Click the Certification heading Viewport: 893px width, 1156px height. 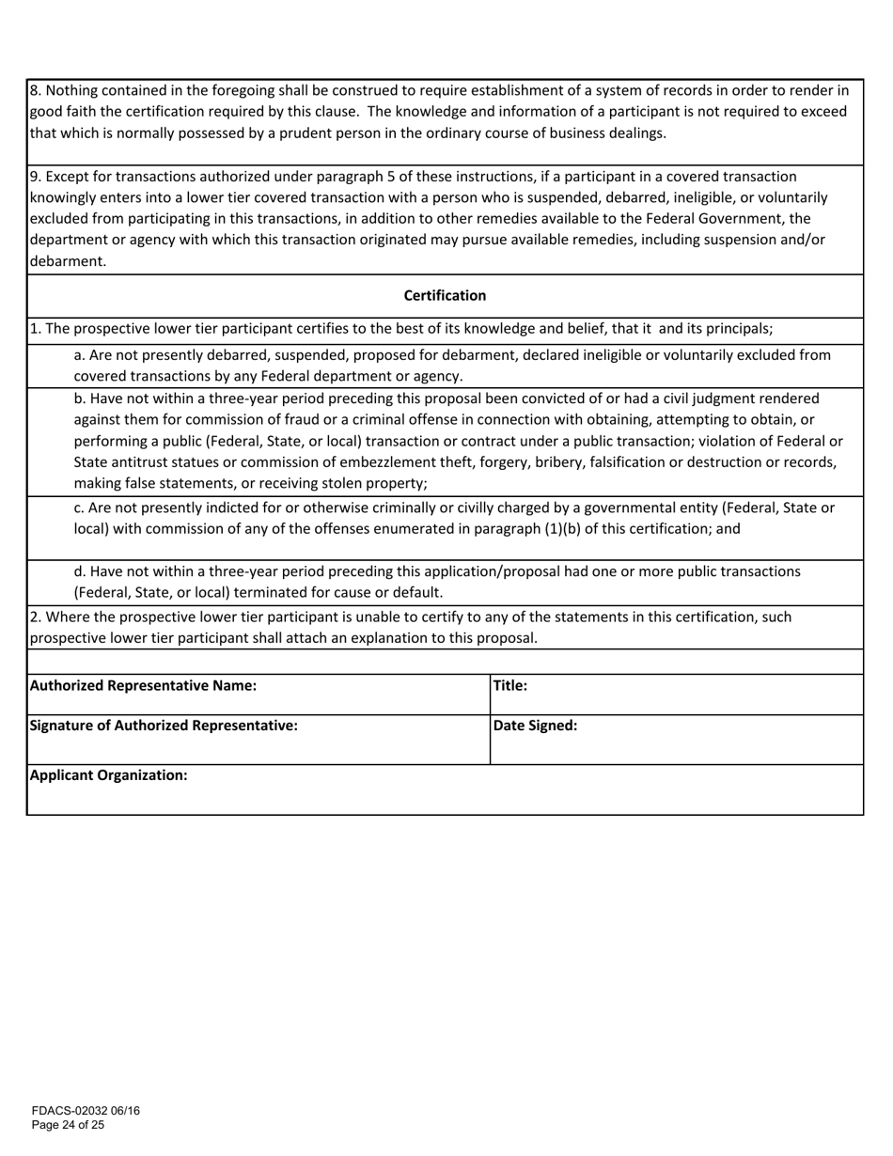point(445,296)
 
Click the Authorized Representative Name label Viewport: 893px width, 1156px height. point(143,686)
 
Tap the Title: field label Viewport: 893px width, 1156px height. point(509,686)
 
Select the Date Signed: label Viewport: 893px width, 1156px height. point(535,726)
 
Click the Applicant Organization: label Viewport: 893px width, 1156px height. point(109,775)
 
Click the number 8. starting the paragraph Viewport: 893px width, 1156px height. point(36,91)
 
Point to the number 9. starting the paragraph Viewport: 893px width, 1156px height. point(36,177)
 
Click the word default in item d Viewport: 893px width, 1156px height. point(416,593)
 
